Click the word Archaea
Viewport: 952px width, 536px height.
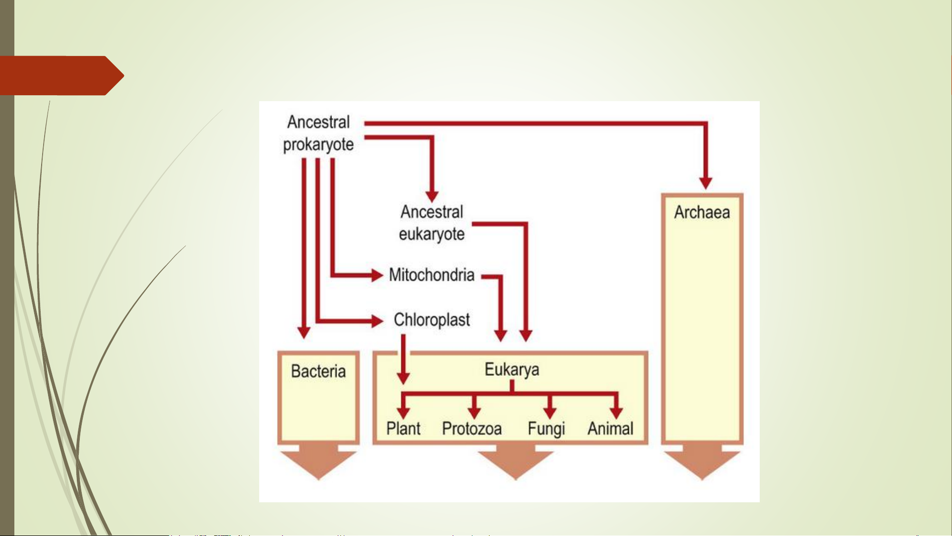tap(702, 213)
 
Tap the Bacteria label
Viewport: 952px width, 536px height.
tap(318, 371)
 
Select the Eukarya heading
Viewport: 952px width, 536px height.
tap(512, 370)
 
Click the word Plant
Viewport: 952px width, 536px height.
tap(403, 428)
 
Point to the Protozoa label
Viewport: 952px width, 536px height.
tap(472, 428)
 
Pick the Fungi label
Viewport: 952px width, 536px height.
tap(546, 429)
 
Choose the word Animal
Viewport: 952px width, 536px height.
tap(611, 428)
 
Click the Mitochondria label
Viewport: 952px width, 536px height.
tap(432, 275)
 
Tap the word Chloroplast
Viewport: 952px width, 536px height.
tap(432, 320)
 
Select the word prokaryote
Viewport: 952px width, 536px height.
tap(318, 145)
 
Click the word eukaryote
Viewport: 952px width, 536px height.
tap(432, 235)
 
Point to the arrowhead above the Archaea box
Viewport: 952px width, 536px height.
tap(706, 183)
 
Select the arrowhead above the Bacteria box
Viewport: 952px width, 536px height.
tap(304, 333)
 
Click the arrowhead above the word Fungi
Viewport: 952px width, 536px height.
tap(550, 413)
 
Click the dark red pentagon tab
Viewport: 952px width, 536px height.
tap(61, 75)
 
